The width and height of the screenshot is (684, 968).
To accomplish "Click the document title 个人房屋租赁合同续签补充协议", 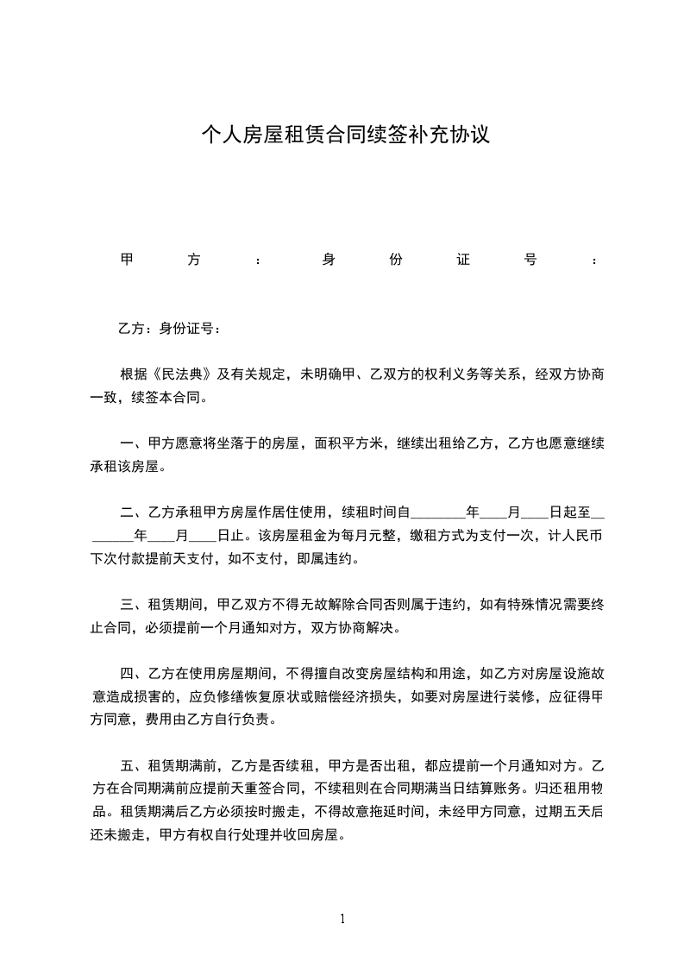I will [345, 135].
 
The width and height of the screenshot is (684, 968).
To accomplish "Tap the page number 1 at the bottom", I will [342, 919].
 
